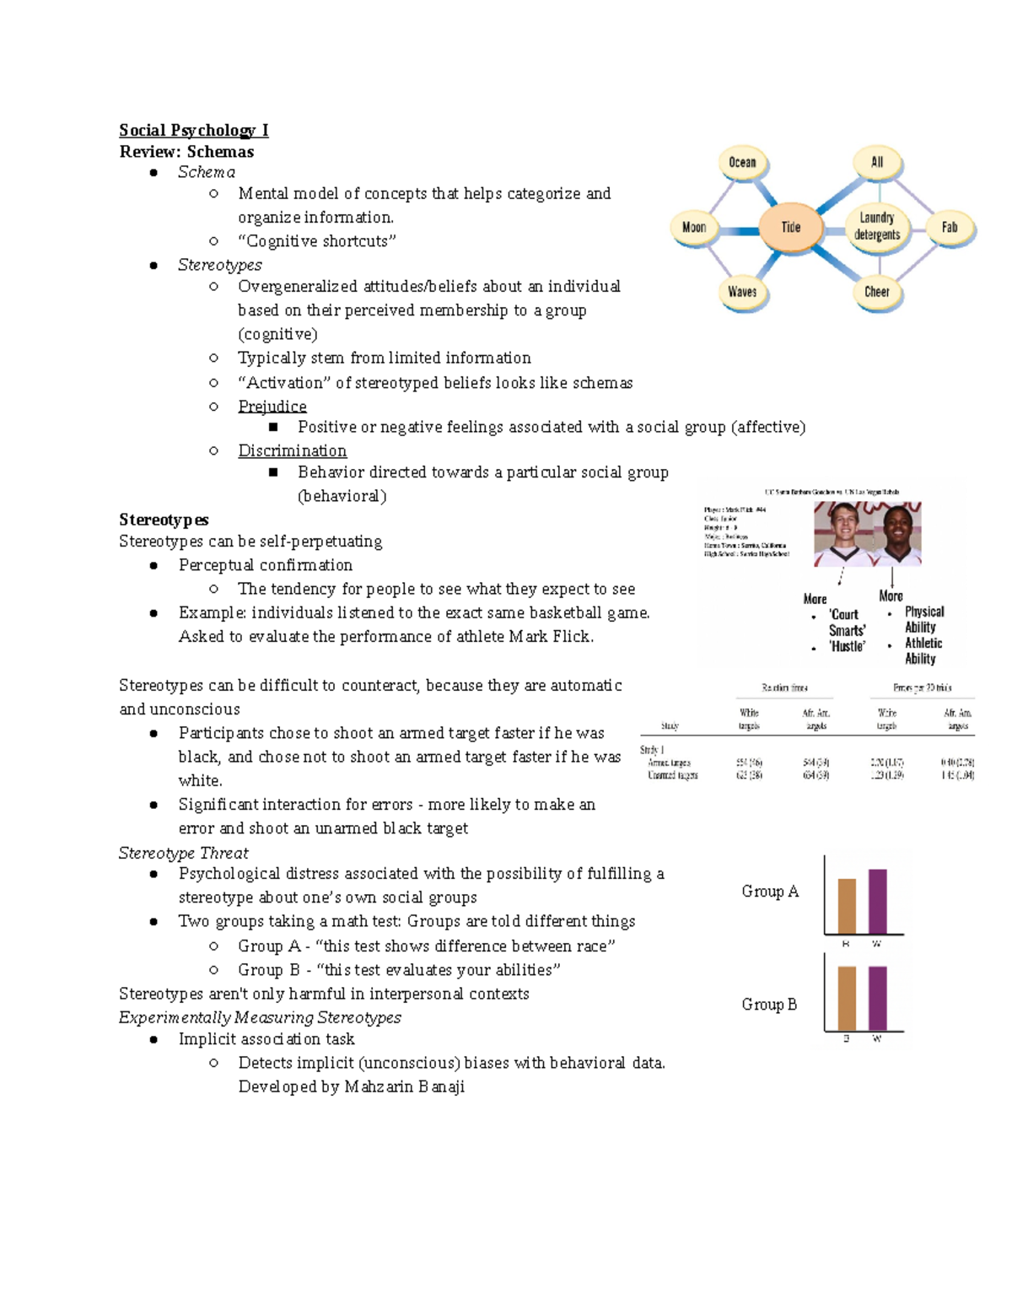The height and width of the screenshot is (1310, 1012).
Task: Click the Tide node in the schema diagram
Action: (790, 227)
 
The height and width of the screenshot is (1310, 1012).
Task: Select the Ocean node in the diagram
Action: (742, 162)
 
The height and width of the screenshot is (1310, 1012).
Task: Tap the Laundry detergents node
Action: (877, 226)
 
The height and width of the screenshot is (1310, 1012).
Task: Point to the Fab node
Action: (950, 227)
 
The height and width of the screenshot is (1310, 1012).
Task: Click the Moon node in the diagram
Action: (694, 227)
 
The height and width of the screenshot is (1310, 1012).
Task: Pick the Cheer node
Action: (877, 292)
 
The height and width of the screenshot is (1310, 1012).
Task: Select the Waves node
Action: (742, 292)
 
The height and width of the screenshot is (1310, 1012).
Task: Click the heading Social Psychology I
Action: (194, 130)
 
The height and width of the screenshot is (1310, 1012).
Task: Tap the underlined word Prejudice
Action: (272, 406)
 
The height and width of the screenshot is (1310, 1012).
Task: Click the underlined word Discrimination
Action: (292, 450)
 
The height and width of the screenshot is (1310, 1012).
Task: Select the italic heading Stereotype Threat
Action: (183, 853)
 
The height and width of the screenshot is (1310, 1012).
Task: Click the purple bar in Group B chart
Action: (877, 998)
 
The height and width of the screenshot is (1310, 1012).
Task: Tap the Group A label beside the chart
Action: (770, 892)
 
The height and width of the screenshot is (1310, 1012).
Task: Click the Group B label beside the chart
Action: (769, 1005)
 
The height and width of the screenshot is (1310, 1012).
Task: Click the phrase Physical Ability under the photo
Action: (923, 619)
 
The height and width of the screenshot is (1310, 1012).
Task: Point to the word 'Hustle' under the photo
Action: (846, 647)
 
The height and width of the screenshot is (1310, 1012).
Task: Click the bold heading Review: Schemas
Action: (186, 152)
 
